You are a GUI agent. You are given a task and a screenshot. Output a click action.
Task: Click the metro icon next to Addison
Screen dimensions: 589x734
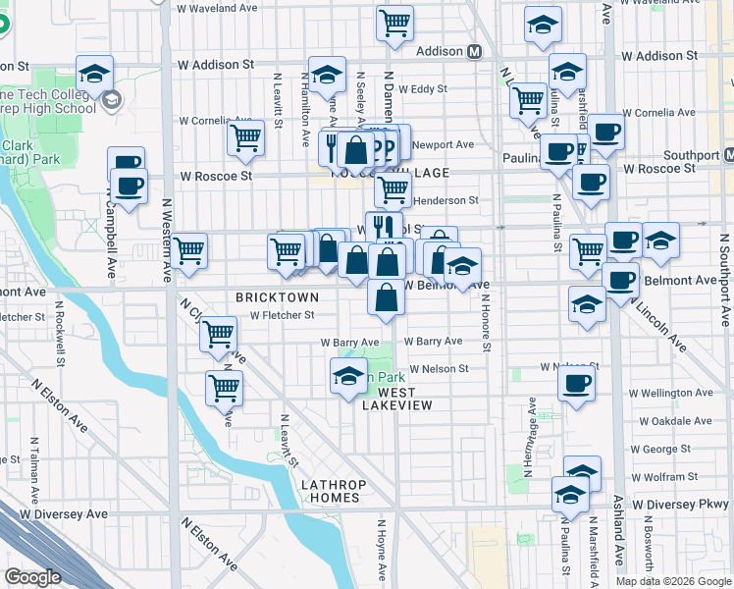(x=474, y=51)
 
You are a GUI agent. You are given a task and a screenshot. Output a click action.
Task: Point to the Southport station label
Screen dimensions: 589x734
(x=691, y=155)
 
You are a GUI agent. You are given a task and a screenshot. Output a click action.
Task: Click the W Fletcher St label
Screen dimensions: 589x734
(x=282, y=315)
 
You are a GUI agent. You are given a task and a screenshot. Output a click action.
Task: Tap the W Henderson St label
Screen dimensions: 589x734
(x=443, y=200)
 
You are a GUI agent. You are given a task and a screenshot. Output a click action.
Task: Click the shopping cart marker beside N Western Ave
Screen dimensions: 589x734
(x=189, y=250)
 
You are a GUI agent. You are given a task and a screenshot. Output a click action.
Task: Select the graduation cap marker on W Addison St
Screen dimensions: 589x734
(x=95, y=73)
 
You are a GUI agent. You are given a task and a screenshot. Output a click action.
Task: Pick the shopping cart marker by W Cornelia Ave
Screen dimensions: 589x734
(x=246, y=137)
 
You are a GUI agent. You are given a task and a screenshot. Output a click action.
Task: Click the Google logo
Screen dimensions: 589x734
(x=33, y=577)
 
